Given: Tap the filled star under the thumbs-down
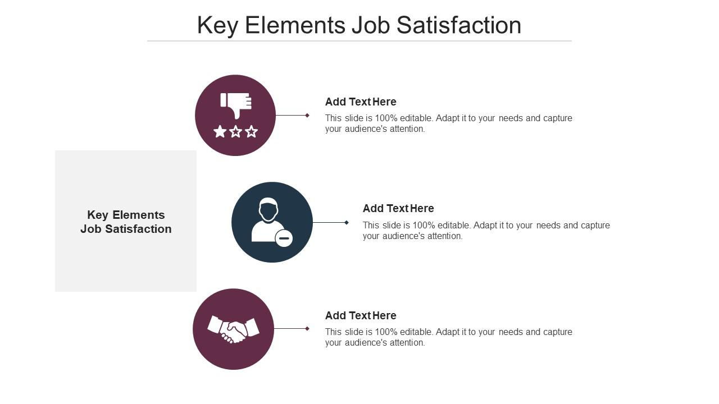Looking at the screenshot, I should [x=220, y=132].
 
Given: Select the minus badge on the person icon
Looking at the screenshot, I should [x=284, y=238].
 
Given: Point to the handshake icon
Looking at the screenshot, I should [x=233, y=329].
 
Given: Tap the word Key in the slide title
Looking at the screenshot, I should [x=217, y=25].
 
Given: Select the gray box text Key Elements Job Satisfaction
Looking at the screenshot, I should [x=126, y=222].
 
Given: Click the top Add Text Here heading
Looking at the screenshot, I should [x=361, y=102].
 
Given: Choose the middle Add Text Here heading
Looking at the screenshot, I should [x=398, y=208].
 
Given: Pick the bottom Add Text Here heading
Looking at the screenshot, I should [x=361, y=315].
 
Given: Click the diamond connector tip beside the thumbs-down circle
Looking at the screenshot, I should [x=307, y=116].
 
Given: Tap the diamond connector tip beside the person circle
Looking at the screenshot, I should [x=347, y=223].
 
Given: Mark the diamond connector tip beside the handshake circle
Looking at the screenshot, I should [x=307, y=329].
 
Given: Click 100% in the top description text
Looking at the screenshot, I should [x=386, y=118].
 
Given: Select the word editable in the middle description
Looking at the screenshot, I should [x=454, y=226].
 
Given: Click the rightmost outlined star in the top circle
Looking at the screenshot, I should [x=252, y=132].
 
